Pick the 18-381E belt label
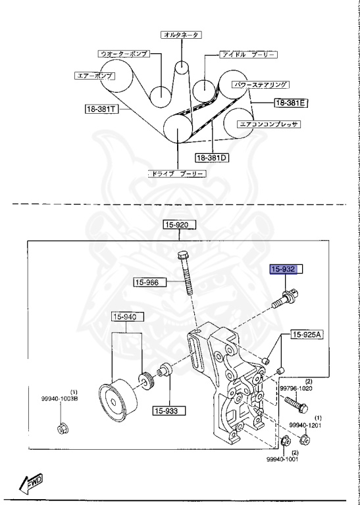point(292,103)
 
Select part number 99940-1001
point(283,460)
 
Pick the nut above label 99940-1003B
point(61,431)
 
